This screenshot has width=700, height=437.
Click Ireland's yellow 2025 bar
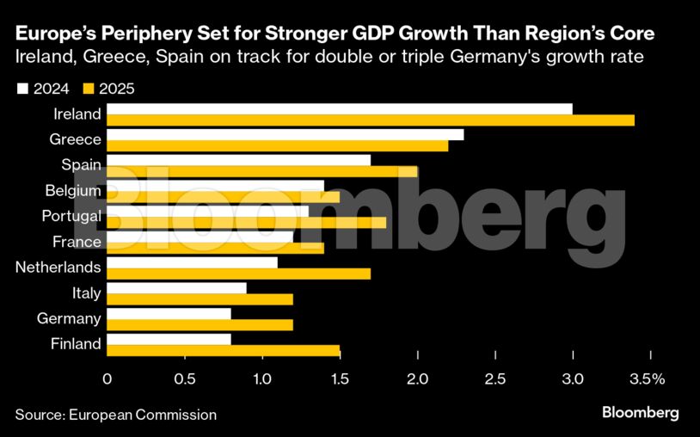tap(371, 120)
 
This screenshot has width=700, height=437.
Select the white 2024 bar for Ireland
tap(340, 108)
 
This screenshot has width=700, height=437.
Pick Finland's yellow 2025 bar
tap(224, 350)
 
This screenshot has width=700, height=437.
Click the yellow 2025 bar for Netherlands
tap(239, 274)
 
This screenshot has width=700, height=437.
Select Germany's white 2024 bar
tap(169, 314)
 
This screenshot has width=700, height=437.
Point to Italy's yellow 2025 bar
tap(200, 299)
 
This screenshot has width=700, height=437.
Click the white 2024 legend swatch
tap(22, 89)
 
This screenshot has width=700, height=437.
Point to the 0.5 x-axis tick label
tap(185, 379)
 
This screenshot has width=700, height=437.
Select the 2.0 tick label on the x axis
tap(418, 379)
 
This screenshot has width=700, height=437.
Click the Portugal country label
tap(71, 216)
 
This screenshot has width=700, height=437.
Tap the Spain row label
tap(82, 164)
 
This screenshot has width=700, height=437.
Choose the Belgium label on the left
tap(73, 190)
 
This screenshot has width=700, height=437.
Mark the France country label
tap(77, 242)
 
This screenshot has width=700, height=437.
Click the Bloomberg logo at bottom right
tap(640, 413)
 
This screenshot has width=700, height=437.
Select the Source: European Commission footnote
tap(115, 415)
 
